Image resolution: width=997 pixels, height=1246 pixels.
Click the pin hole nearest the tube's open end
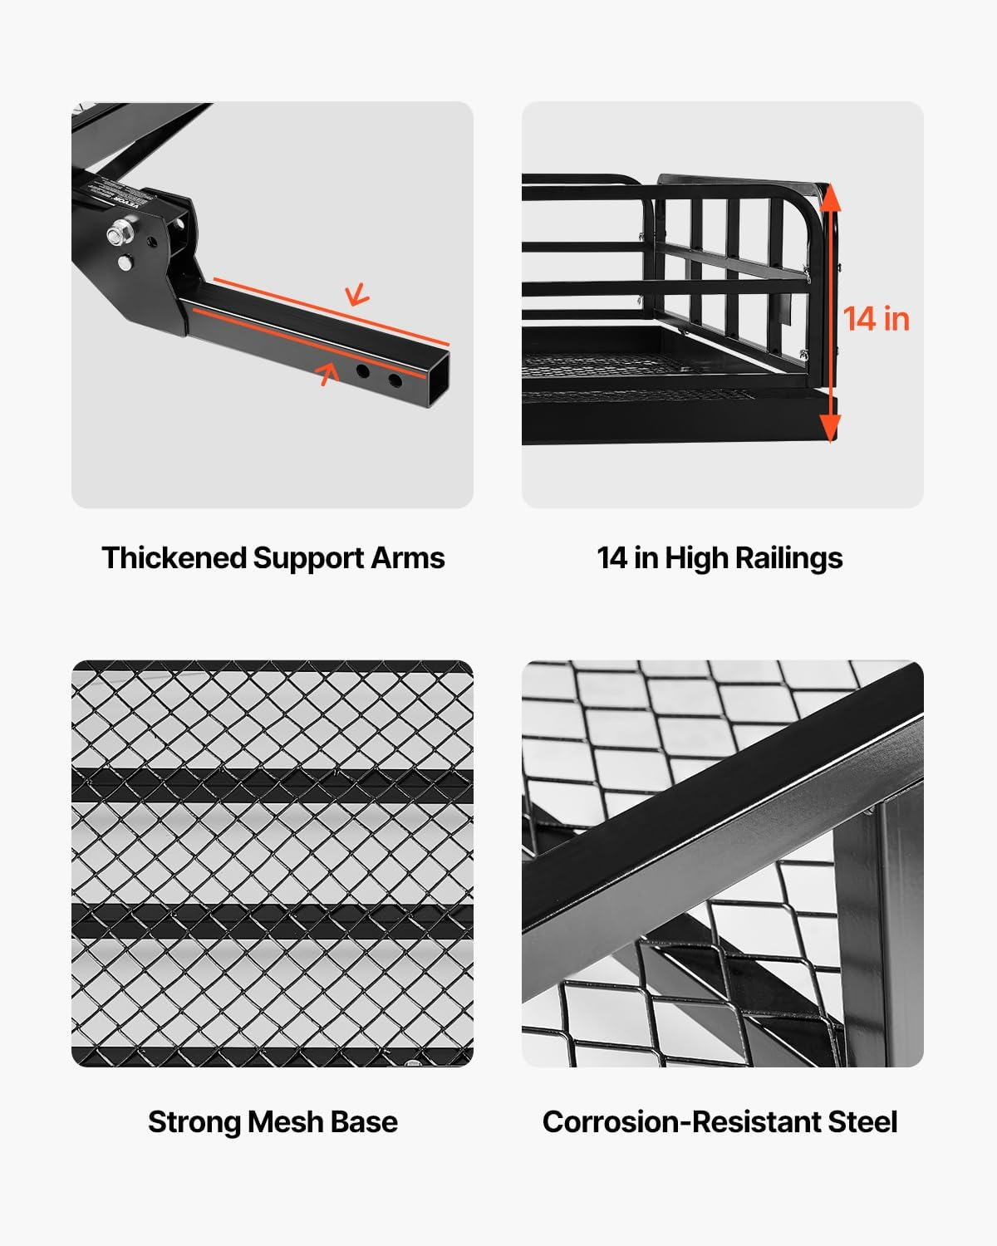tap(395, 381)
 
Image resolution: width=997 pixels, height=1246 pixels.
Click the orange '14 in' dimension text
tap(876, 319)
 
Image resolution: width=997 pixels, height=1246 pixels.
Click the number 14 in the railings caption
tap(611, 557)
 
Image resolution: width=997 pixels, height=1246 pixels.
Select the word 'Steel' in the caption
tap(863, 1121)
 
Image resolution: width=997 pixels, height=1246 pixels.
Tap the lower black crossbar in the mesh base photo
tap(273, 920)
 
